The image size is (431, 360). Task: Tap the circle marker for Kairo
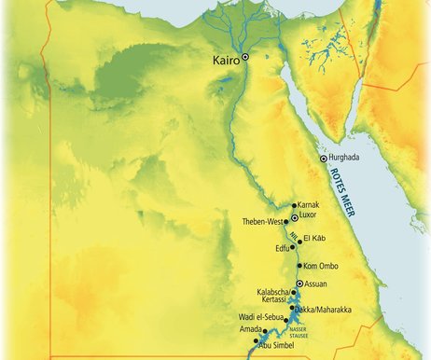pos(246,58)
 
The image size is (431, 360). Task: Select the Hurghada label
pos(345,159)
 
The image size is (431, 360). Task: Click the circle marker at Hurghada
pos(324,159)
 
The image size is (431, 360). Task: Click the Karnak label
pos(309,204)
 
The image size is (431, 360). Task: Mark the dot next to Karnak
pos(294,205)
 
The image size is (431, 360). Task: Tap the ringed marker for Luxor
pos(295,216)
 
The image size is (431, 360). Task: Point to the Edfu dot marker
pos(292,248)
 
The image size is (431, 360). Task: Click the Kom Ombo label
pos(323,266)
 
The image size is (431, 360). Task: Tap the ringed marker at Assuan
pos(299,284)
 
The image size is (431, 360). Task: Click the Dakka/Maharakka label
pos(325,309)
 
